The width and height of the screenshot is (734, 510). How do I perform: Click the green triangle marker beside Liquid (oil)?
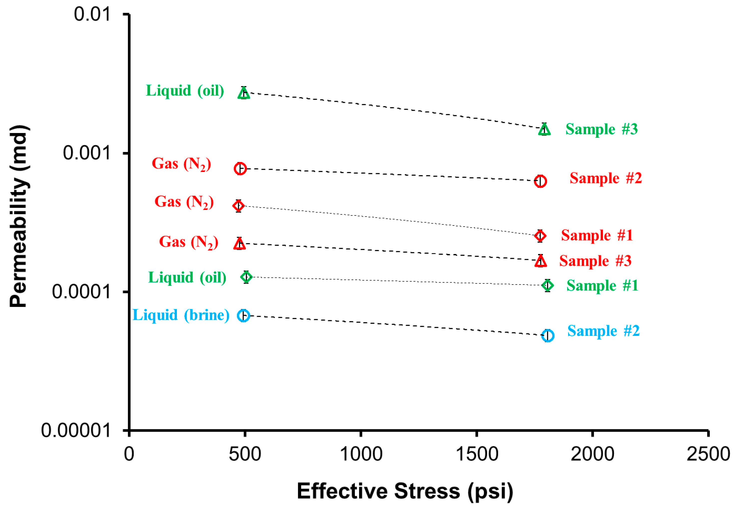tap(244, 93)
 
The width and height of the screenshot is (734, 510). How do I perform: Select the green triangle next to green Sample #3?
tap(544, 130)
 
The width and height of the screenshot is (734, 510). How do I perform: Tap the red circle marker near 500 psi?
tap(240, 168)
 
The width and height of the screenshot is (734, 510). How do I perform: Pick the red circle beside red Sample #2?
tap(540, 181)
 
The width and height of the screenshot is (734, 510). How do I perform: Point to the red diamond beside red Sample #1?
tap(540, 236)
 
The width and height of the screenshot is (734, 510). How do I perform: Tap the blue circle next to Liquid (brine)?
tap(244, 316)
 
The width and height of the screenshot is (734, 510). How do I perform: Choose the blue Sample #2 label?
tap(603, 331)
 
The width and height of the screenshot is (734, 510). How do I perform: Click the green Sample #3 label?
tap(602, 129)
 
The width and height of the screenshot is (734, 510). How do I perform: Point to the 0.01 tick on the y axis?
tap(92, 14)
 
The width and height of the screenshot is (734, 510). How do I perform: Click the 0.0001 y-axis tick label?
tap(81, 291)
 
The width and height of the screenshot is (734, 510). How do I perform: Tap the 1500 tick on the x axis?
tap(477, 454)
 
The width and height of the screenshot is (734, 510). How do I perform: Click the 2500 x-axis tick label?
tap(708, 454)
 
